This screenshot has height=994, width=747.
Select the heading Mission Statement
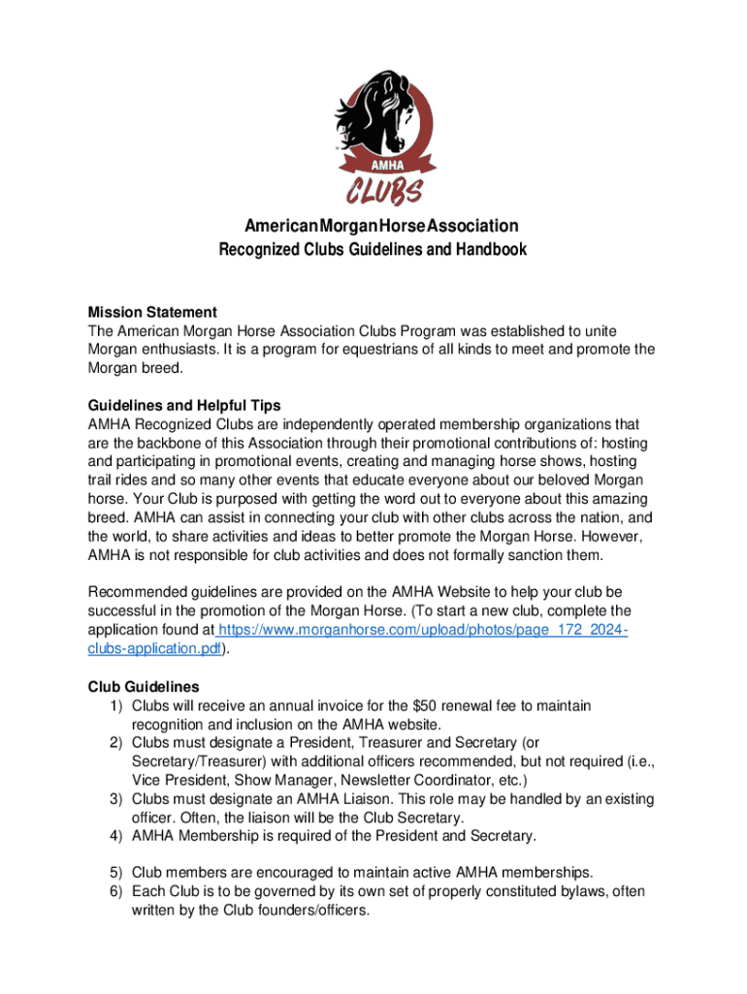pyautogui.click(x=152, y=313)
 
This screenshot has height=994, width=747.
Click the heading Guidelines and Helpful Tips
pyautogui.click(x=184, y=405)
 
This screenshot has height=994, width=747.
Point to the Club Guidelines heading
pyautogui.click(x=144, y=687)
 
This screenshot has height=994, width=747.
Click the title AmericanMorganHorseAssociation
pyautogui.click(x=373, y=225)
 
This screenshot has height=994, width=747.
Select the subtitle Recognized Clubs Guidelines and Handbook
pyautogui.click(x=373, y=249)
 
